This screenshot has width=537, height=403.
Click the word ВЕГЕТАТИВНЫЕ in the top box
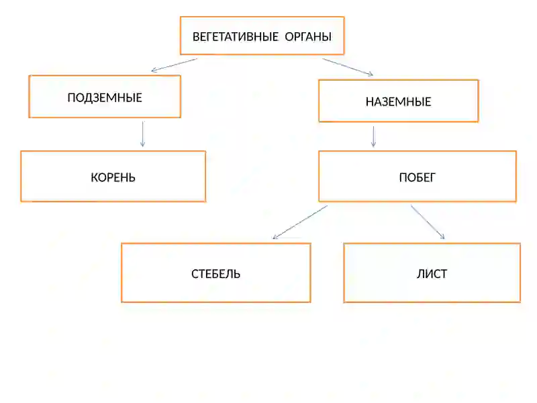236,37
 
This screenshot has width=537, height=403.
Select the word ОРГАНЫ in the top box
308,37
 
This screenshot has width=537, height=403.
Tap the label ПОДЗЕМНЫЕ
105,97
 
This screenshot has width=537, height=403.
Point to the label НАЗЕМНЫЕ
398,102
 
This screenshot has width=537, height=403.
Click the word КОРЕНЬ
113,177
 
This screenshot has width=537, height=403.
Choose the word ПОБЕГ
417,177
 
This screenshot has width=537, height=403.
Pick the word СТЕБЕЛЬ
215,274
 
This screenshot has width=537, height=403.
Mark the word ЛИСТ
432,274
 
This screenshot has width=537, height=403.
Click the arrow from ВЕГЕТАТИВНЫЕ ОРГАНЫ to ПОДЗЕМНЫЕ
175,65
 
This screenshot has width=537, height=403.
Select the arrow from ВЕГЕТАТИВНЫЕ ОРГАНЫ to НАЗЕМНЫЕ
348,66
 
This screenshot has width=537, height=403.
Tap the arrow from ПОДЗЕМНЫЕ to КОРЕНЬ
143,134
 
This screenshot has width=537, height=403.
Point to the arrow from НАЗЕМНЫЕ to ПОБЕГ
374,137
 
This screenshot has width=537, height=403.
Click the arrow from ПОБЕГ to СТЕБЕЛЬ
300,222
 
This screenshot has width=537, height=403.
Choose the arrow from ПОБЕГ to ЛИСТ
428,222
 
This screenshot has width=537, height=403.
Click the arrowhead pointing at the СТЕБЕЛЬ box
275,237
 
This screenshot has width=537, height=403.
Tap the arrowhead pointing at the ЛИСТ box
442,236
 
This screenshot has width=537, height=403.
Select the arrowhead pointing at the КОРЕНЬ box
143,144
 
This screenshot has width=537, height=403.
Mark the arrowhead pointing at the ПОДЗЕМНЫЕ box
154,71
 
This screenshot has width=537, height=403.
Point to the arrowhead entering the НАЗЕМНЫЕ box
371,74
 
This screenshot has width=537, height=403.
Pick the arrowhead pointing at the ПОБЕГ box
374,144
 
